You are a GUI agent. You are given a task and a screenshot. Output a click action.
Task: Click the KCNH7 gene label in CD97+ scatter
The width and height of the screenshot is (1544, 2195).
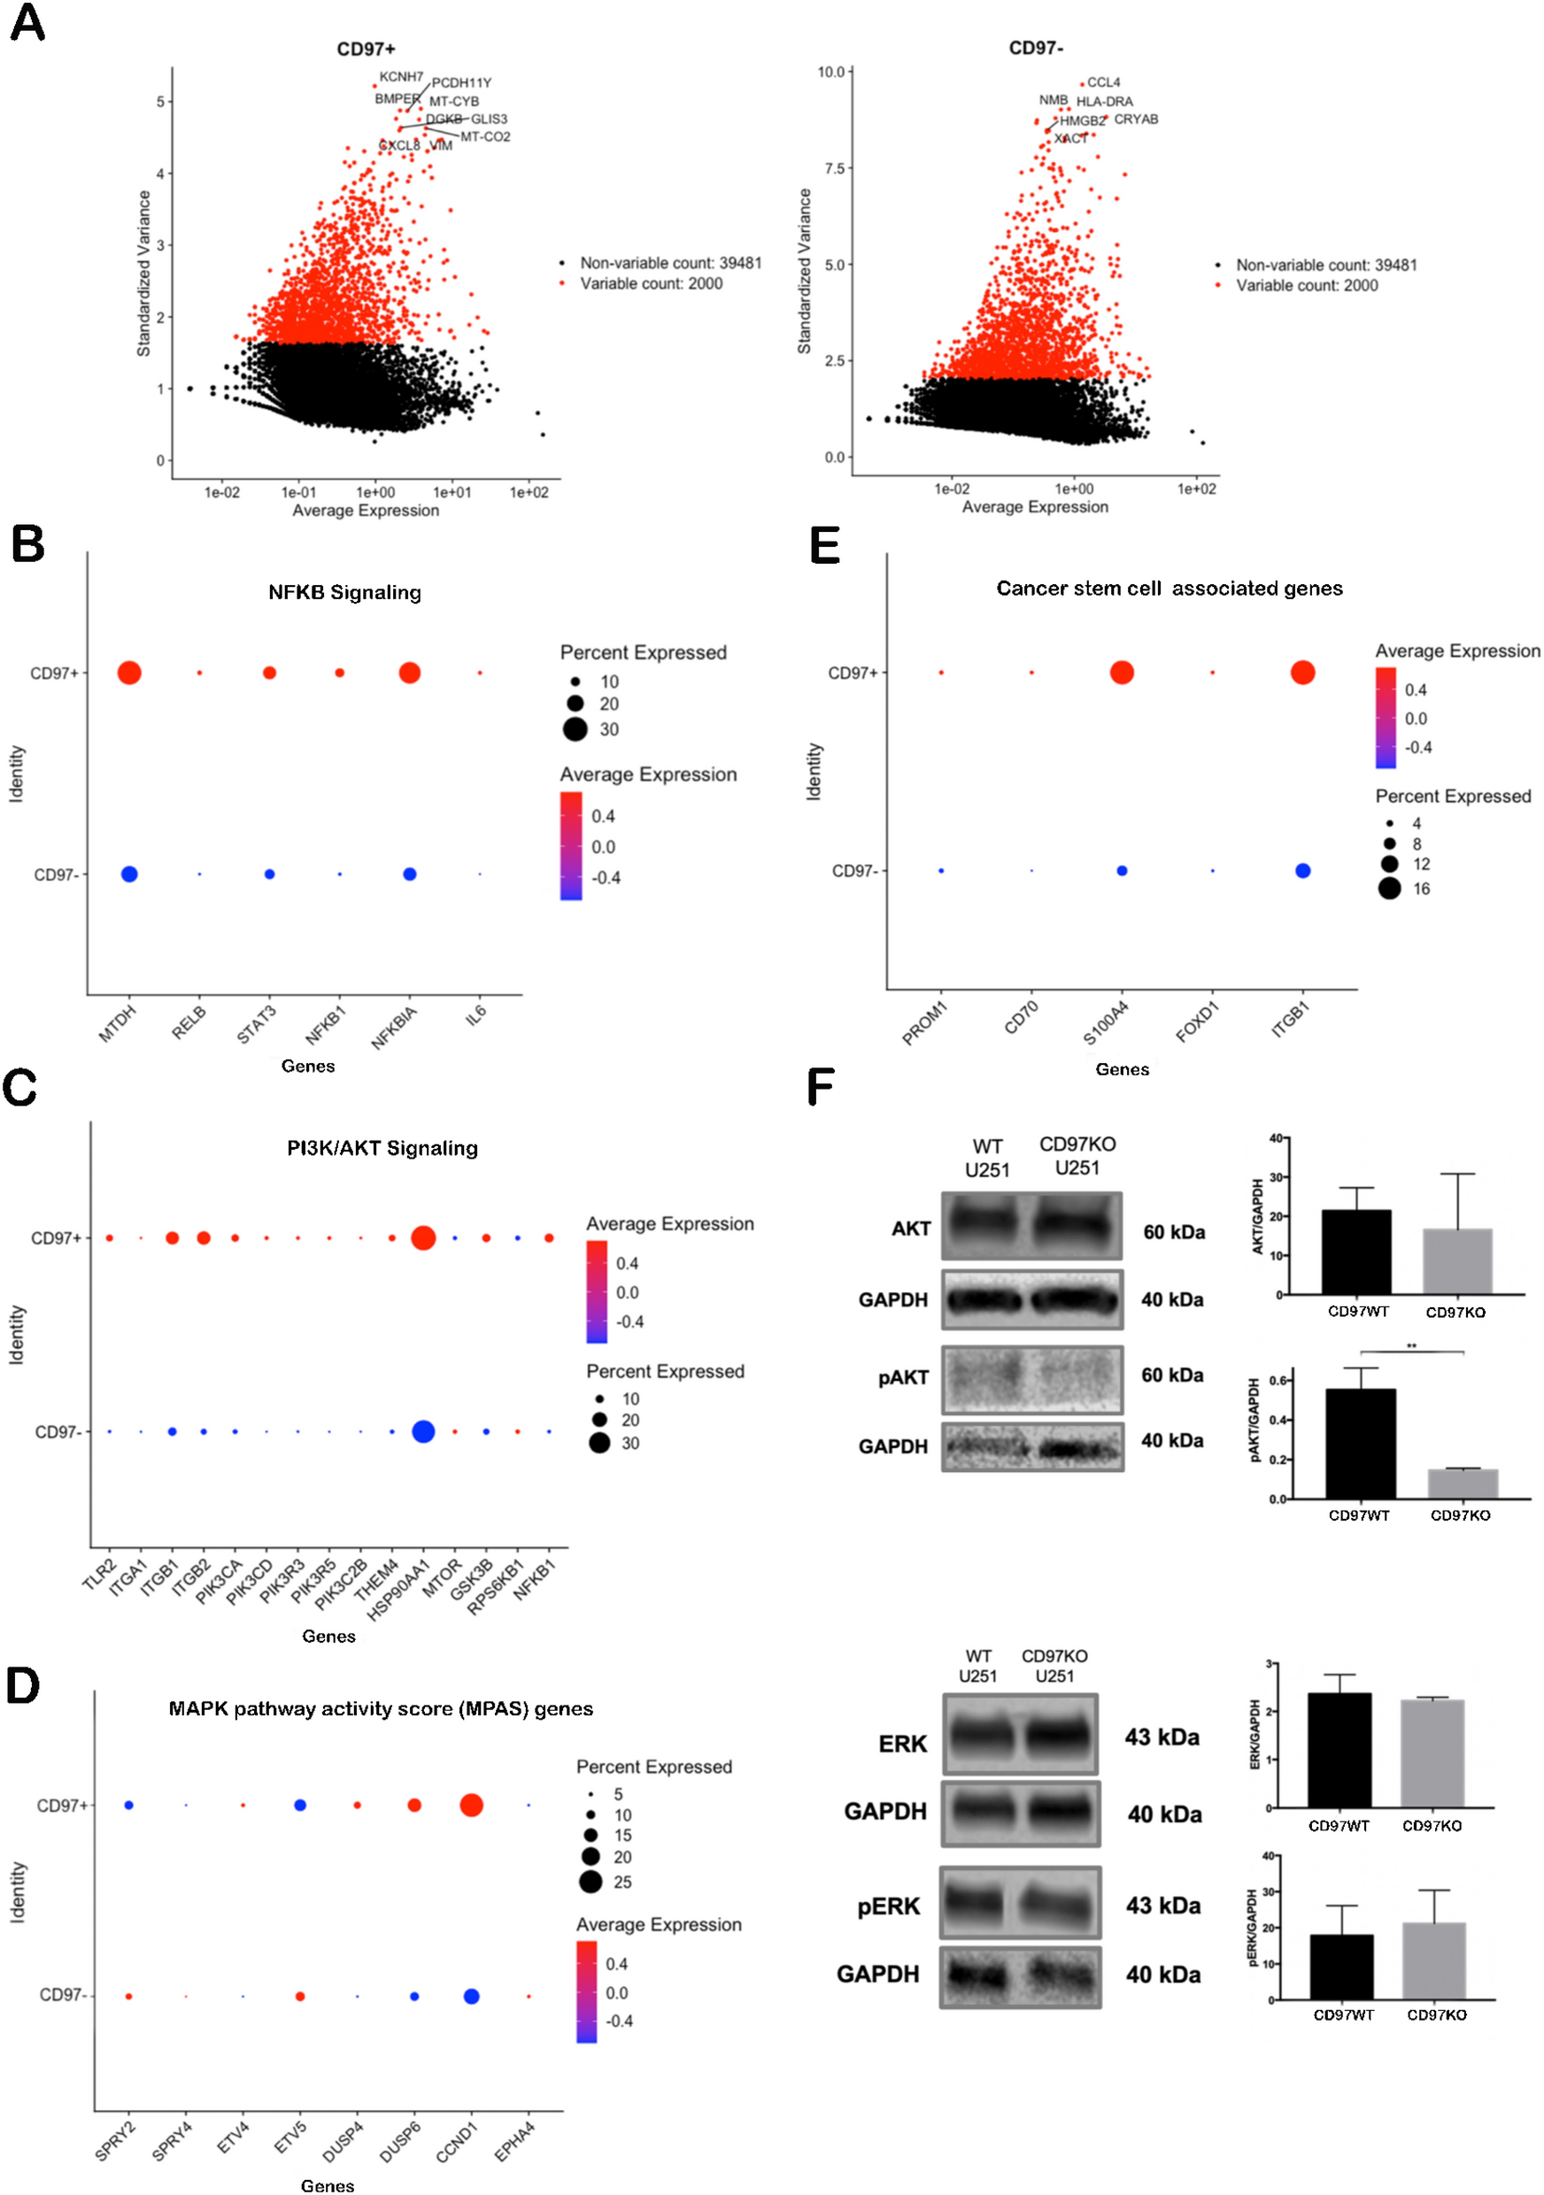tap(400, 76)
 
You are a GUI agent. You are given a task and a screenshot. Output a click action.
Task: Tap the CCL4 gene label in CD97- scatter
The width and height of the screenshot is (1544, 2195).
tap(1103, 82)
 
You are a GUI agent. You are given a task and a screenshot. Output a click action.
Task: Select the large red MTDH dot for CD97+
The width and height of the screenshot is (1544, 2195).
tap(129, 673)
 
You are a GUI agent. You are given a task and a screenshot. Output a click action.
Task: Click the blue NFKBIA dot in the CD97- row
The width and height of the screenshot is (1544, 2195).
tap(409, 874)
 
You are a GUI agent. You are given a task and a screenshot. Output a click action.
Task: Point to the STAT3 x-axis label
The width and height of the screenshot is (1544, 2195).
tap(256, 1024)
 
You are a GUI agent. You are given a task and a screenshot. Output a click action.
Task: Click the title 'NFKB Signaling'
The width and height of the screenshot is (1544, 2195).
tap(344, 592)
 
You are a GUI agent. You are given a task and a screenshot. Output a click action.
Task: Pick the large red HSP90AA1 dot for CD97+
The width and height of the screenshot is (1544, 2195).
tap(422, 1238)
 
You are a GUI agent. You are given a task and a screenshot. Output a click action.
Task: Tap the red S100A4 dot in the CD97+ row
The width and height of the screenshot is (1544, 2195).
tap(1122, 672)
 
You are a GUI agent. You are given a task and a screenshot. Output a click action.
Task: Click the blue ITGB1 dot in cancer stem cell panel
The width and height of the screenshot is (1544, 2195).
tap(1302, 870)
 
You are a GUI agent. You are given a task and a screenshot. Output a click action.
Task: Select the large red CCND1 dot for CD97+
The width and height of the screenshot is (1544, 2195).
tap(470, 1805)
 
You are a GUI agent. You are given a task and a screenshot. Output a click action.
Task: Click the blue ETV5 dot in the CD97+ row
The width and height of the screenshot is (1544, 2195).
tap(299, 1805)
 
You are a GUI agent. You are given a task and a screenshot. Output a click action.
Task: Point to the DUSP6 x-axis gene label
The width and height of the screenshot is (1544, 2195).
tap(399, 2142)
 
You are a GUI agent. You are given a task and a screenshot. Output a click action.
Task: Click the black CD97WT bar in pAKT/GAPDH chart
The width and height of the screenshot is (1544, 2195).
tap(1360, 1444)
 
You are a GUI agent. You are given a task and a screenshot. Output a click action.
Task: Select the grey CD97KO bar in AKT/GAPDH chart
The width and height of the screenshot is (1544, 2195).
tap(1457, 1261)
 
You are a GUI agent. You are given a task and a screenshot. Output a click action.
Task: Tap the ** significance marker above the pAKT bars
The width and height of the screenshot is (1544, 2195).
tap(1411, 1346)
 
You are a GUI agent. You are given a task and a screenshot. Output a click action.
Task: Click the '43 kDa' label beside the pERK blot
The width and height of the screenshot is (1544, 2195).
tap(1162, 1906)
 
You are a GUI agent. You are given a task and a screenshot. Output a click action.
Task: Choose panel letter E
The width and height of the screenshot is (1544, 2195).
tap(824, 546)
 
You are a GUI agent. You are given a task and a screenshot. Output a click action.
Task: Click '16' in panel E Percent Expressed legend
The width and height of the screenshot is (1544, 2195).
tap(1422, 888)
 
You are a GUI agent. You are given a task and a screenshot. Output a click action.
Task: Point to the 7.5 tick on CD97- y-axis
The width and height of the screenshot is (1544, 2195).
tap(831, 168)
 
